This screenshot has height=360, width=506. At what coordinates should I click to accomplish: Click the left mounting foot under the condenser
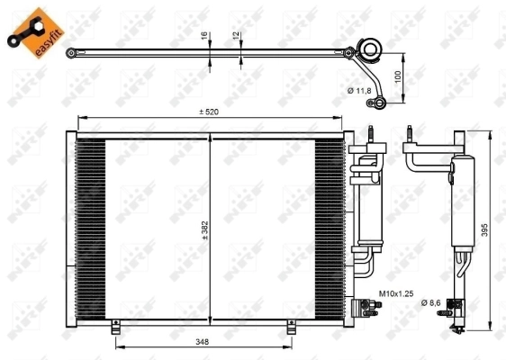(x=115, y=329)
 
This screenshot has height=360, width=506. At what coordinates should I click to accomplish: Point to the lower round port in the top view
(x=380, y=103)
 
